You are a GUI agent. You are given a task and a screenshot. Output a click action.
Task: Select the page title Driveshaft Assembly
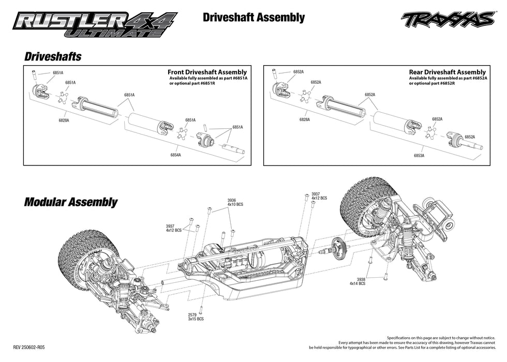pos(253,18)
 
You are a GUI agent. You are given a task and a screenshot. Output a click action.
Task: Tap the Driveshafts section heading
pos(53,56)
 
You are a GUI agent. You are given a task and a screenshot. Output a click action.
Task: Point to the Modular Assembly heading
pos(71,202)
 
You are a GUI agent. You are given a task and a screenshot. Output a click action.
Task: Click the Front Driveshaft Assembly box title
pos(207,72)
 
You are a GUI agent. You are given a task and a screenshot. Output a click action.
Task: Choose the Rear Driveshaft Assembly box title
pos(447,72)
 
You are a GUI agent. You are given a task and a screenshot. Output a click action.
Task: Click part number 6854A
pos(175,155)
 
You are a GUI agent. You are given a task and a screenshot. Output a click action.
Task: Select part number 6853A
pos(419,155)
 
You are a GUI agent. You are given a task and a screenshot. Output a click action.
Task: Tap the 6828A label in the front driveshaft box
pos(64,119)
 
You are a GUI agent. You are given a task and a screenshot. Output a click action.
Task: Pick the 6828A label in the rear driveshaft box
pos(305,119)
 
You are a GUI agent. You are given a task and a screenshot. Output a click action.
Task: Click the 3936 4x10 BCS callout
pos(235,202)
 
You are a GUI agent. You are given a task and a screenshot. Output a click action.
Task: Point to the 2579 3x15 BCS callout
pos(196,316)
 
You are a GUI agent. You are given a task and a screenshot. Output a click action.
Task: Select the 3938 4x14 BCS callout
pos(357,281)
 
